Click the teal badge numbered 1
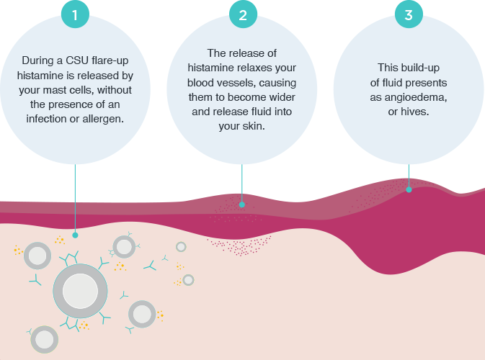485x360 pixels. [x=75, y=14]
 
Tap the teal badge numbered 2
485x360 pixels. [x=242, y=14]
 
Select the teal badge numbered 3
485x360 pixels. [x=409, y=14]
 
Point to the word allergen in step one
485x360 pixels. [x=102, y=118]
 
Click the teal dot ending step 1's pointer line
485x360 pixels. [x=75, y=235]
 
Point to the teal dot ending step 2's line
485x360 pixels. [x=242, y=204]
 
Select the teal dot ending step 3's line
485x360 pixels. [x=409, y=190]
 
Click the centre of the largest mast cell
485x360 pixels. [x=80, y=291]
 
